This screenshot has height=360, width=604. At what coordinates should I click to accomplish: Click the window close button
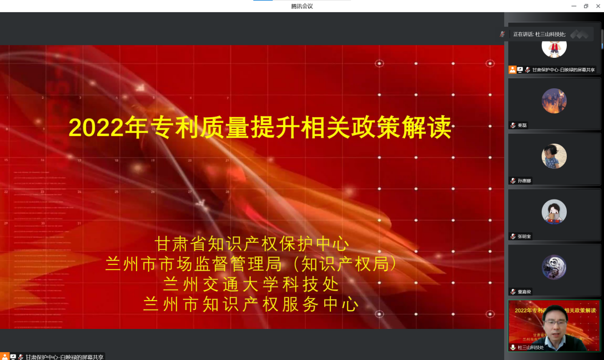click(x=598, y=6)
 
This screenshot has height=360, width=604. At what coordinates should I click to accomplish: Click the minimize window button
click(x=574, y=6)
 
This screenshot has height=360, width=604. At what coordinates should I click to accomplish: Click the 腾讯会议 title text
click(x=302, y=6)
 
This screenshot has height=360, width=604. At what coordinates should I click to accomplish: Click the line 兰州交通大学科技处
click(x=251, y=284)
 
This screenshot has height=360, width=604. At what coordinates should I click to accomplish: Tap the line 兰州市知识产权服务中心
click(x=251, y=304)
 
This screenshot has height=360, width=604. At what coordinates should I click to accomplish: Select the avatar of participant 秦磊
click(x=554, y=101)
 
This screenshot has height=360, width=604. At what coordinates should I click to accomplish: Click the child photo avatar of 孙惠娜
click(x=554, y=156)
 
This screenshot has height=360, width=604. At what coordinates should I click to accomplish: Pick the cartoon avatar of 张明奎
click(x=554, y=212)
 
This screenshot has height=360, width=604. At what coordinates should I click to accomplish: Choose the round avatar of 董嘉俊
click(x=554, y=267)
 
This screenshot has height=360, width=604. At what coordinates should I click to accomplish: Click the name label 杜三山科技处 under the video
click(x=531, y=347)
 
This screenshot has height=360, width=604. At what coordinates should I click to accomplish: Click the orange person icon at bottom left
click(x=4, y=356)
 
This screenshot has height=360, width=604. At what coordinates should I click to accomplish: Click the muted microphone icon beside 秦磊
click(x=513, y=126)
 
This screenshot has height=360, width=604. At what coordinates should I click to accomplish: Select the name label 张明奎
click(x=524, y=237)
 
